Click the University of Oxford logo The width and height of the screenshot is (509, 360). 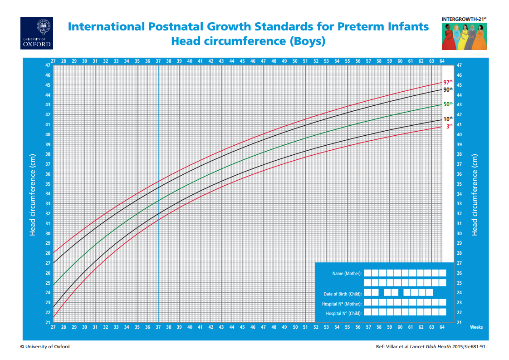[37, 33]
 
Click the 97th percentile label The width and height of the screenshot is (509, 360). [448, 82]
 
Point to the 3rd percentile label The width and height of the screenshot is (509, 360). [449, 127]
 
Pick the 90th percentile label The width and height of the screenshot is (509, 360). [448, 89]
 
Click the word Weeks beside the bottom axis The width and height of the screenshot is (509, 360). [476, 327]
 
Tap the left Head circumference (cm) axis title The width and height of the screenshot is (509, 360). [33, 194]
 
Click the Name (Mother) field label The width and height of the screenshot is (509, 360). [347, 274]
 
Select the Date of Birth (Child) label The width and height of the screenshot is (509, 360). [343, 294]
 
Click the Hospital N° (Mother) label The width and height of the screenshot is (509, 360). [342, 304]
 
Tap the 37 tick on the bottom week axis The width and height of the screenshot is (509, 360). [158, 327]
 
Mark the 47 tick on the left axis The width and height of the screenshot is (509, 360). [48, 65]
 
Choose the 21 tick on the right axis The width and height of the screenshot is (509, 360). [459, 322]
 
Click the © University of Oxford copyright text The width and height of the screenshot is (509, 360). [45, 347]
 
